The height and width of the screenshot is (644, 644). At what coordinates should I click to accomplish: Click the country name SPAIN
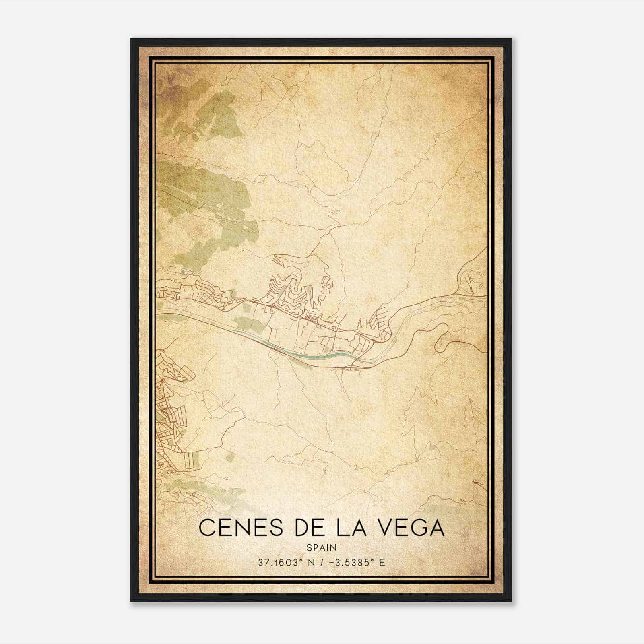tap(322, 547)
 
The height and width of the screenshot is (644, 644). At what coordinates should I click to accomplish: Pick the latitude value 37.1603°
tap(280, 562)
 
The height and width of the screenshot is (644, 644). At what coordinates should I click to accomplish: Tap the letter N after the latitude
tap(311, 562)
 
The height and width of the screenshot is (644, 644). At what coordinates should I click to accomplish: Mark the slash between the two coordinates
tap(321, 562)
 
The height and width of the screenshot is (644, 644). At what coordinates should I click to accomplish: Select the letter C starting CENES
tap(207, 528)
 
